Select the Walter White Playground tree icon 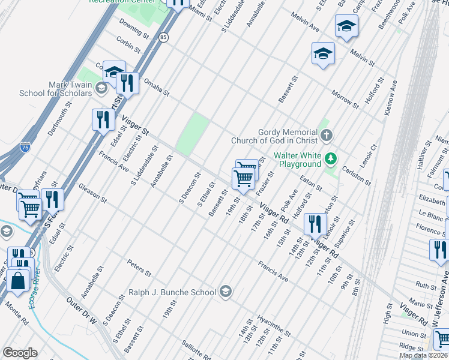pyautogui.click(x=330, y=159)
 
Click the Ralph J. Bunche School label pyautogui.click(x=172, y=292)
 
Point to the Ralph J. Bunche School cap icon pyautogui.click(x=225, y=292)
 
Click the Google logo pyautogui.click(x=20, y=353)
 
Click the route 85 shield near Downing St pyautogui.click(x=164, y=37)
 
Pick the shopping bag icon pyautogui.click(x=19, y=280)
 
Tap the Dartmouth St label pyautogui.click(x=60, y=118)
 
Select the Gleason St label pyautogui.click(x=92, y=193)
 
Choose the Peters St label pyautogui.click(x=139, y=268)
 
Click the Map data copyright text pyautogui.click(x=423, y=355)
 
